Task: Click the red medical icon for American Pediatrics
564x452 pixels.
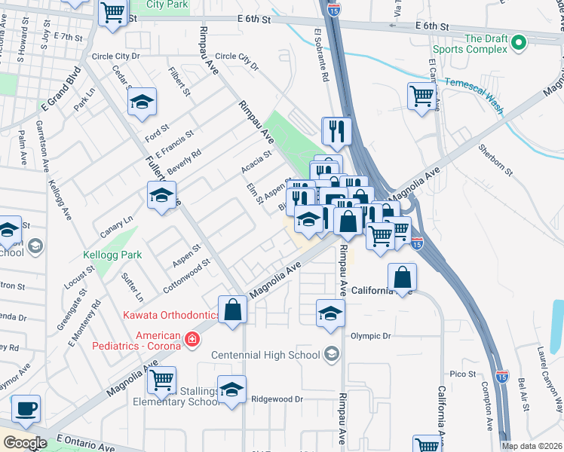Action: click(192, 340)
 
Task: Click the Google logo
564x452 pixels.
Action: click(25, 444)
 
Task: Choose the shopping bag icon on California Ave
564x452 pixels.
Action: click(403, 276)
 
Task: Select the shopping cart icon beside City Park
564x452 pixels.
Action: click(113, 13)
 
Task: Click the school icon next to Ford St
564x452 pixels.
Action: click(141, 104)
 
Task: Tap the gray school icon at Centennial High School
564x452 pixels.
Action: click(330, 354)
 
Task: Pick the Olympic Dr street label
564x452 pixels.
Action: click(371, 335)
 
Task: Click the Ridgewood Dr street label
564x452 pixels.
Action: click(277, 399)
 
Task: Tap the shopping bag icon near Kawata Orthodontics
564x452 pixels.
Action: click(232, 310)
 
